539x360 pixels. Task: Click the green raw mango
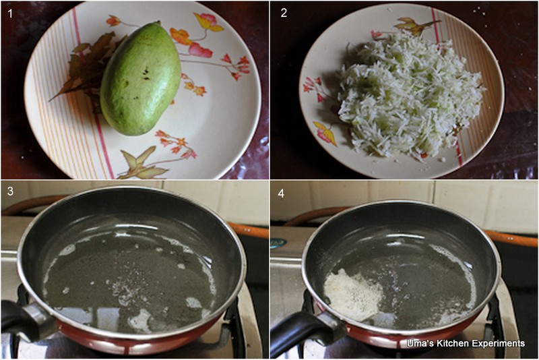(140, 78)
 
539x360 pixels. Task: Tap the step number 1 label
(10, 13)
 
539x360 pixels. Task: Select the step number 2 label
(284, 13)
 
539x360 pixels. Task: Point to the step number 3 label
(10, 191)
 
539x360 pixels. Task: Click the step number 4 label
(281, 193)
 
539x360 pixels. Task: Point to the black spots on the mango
(146, 73)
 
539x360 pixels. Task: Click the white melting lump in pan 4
(352, 295)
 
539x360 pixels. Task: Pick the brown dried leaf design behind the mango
(87, 69)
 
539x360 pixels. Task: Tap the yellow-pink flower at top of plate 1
(208, 22)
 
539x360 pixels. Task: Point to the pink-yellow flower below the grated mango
(325, 133)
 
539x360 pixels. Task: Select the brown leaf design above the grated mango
(415, 26)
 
